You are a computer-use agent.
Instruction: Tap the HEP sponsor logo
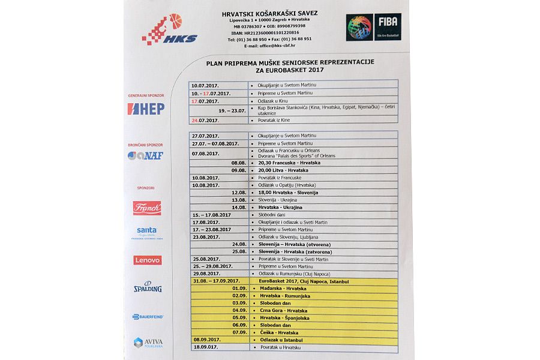[x=146, y=109]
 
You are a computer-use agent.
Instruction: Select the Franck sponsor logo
[x=147, y=208]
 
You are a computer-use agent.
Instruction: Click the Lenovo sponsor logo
[x=147, y=260]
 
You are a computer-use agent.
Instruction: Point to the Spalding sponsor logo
[x=147, y=287]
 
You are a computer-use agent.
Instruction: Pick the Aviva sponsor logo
[x=148, y=342]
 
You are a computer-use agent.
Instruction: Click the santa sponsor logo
[x=147, y=232]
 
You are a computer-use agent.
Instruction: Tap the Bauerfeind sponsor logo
[x=147, y=316]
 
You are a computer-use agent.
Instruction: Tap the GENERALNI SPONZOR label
[x=145, y=95]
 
